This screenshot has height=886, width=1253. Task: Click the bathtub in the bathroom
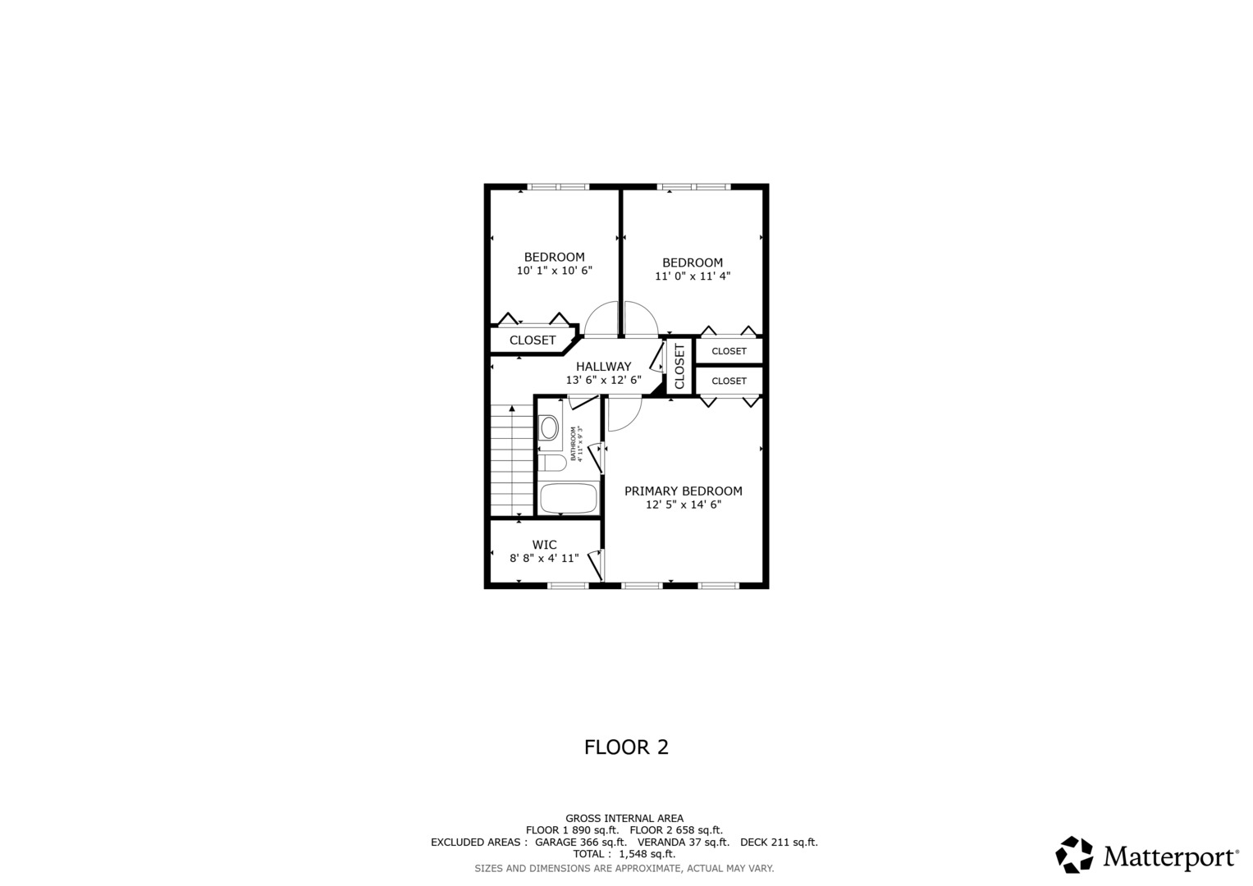pyautogui.click(x=568, y=498)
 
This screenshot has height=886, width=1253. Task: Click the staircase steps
pyautogui.click(x=512, y=460)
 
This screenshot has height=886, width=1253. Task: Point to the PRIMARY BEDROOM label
pyautogui.click(x=683, y=491)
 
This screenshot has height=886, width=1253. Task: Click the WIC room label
pyautogui.click(x=544, y=545)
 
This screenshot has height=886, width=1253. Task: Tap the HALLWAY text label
pyautogui.click(x=603, y=367)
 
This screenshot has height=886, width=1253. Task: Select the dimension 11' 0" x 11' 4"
pyautogui.click(x=692, y=276)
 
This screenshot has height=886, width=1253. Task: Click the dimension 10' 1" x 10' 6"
pyautogui.click(x=554, y=271)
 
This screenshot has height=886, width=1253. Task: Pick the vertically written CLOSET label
pyautogui.click(x=679, y=366)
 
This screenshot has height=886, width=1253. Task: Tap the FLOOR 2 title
pyautogui.click(x=626, y=747)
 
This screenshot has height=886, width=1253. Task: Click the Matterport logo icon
pyautogui.click(x=1074, y=855)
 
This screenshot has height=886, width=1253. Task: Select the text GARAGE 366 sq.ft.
pyautogui.click(x=580, y=842)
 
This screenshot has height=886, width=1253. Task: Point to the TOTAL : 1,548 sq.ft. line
pyautogui.click(x=624, y=854)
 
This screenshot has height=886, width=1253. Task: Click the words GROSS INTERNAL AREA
pyautogui.click(x=624, y=818)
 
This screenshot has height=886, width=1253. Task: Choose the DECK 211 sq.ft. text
pyautogui.click(x=778, y=842)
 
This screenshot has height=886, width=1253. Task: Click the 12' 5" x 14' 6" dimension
pyautogui.click(x=683, y=505)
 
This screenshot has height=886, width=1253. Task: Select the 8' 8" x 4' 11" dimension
pyautogui.click(x=544, y=559)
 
